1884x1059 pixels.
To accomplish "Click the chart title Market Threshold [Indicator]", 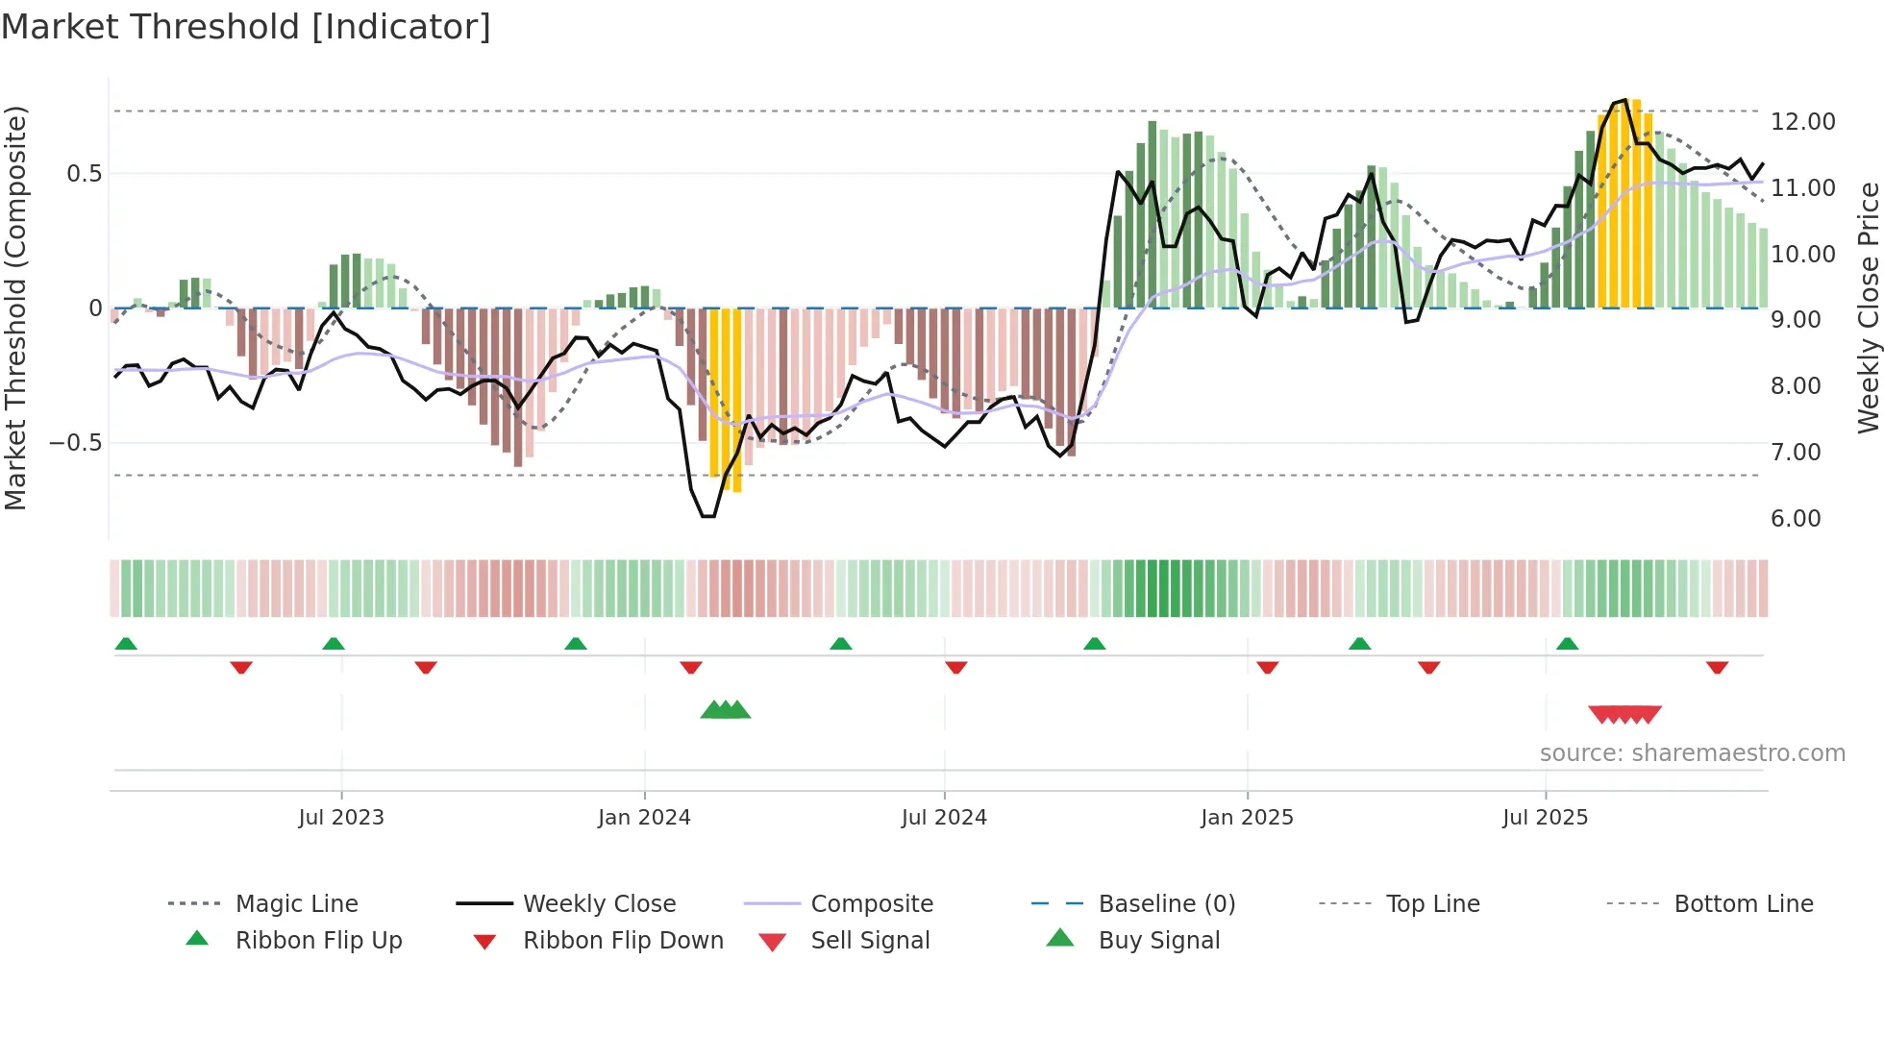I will pos(246,27).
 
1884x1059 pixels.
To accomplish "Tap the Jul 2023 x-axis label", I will pos(340,818).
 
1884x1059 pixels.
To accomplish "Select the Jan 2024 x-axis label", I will pos(643,818).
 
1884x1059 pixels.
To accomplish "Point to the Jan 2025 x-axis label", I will pos(1246,818).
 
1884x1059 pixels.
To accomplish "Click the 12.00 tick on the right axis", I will pos(1802,122).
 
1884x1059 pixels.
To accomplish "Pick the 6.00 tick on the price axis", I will pos(1795,519).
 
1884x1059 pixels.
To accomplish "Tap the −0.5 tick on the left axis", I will pos(76,443).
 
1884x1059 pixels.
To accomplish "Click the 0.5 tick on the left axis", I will pos(84,174).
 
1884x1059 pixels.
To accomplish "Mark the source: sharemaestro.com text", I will pos(1692,753).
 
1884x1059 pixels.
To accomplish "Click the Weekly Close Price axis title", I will pos(1868,308).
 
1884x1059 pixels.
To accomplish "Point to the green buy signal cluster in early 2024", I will pos(726,711).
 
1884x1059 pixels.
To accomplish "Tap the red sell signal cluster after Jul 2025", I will pos(1624,714).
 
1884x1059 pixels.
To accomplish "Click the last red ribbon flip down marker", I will pos(1717,667).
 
